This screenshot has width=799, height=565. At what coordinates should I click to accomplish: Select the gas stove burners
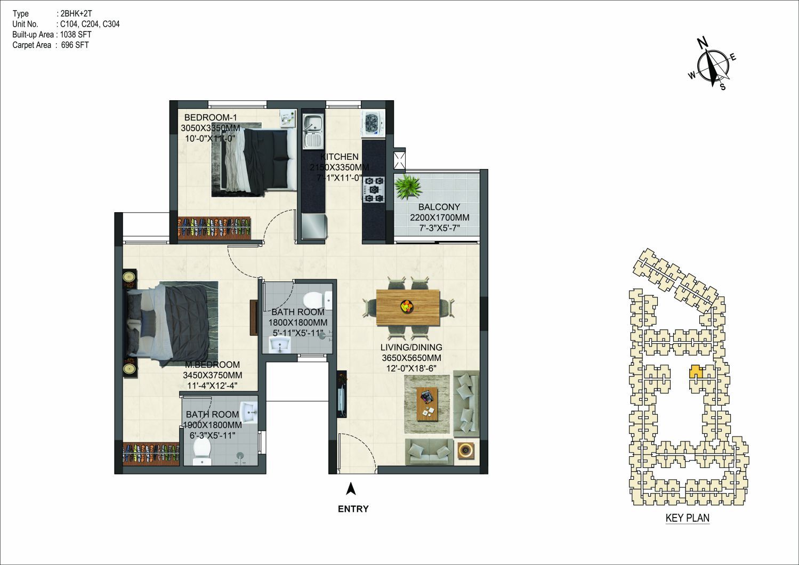tap(374, 189)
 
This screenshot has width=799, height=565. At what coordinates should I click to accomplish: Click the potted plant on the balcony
tap(408, 187)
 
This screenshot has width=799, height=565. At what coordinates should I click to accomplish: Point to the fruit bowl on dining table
tap(407, 306)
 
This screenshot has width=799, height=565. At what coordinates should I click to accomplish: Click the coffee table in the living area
tap(427, 404)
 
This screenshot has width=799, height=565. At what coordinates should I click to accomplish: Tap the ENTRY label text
tap(353, 509)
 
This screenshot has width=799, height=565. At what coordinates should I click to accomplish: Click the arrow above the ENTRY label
tap(351, 489)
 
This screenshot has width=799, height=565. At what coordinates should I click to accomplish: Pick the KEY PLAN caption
tap(688, 518)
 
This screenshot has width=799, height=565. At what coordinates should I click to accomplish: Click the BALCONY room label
tap(439, 207)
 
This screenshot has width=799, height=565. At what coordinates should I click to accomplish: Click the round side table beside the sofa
tap(466, 451)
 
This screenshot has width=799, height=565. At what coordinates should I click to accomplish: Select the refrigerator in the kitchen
tap(313, 227)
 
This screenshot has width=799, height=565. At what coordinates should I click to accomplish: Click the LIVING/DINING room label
tap(411, 347)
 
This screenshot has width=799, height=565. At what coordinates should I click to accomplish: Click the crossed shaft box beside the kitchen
tap(400, 160)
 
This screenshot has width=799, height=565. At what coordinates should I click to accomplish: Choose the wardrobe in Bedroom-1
tap(214, 227)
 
